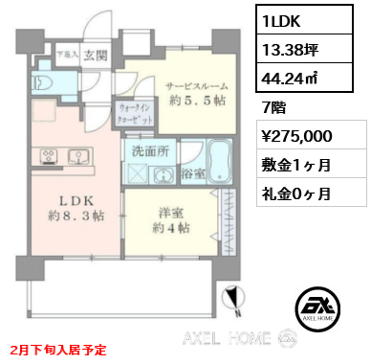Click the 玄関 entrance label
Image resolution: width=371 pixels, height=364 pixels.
[94, 56]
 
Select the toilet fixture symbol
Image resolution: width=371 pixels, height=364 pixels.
[43, 82]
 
